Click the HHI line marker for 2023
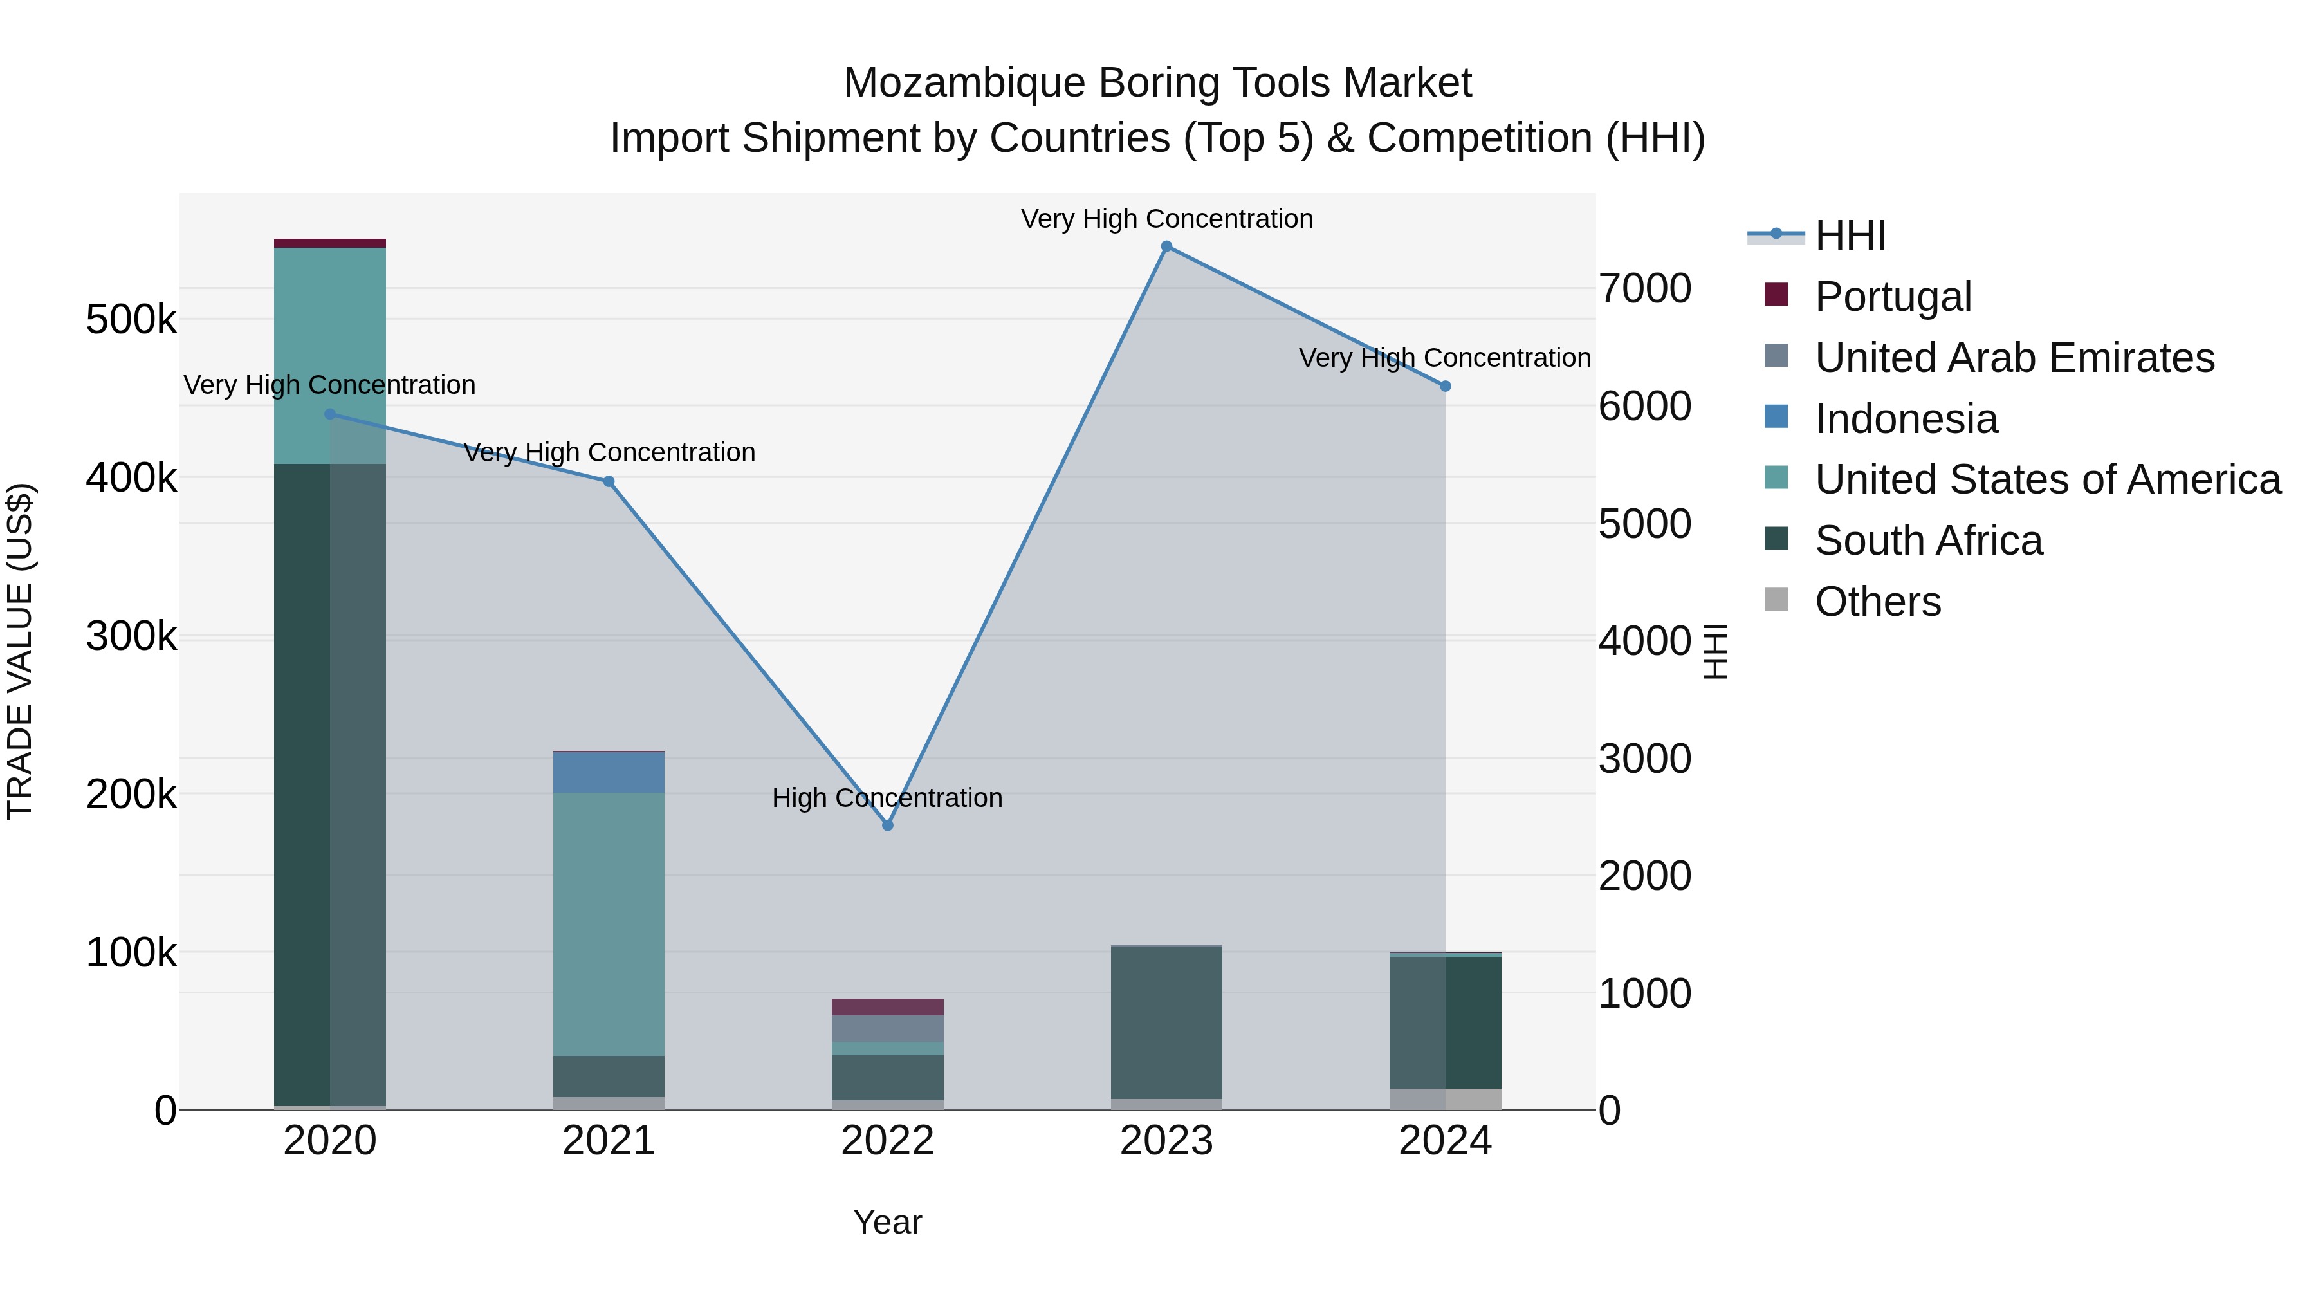[1166, 246]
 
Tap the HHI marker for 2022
[887, 826]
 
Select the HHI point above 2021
[609, 482]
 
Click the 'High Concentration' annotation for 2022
[887, 798]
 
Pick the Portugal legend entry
[1893, 297]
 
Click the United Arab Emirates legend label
[2014, 358]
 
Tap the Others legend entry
[1877, 602]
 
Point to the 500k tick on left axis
[131, 319]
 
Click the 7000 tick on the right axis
[1644, 289]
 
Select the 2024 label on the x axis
[1445, 1141]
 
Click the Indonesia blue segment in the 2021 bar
[609, 772]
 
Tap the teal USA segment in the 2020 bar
[330, 355]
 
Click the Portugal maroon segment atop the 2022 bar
[887, 1006]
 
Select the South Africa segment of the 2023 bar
[1166, 1022]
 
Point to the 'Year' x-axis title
[887, 1222]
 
